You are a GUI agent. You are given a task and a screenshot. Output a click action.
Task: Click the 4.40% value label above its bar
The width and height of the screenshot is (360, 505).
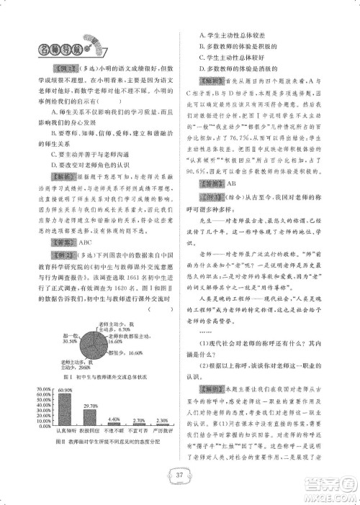pyautogui.click(x=114, y=418)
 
